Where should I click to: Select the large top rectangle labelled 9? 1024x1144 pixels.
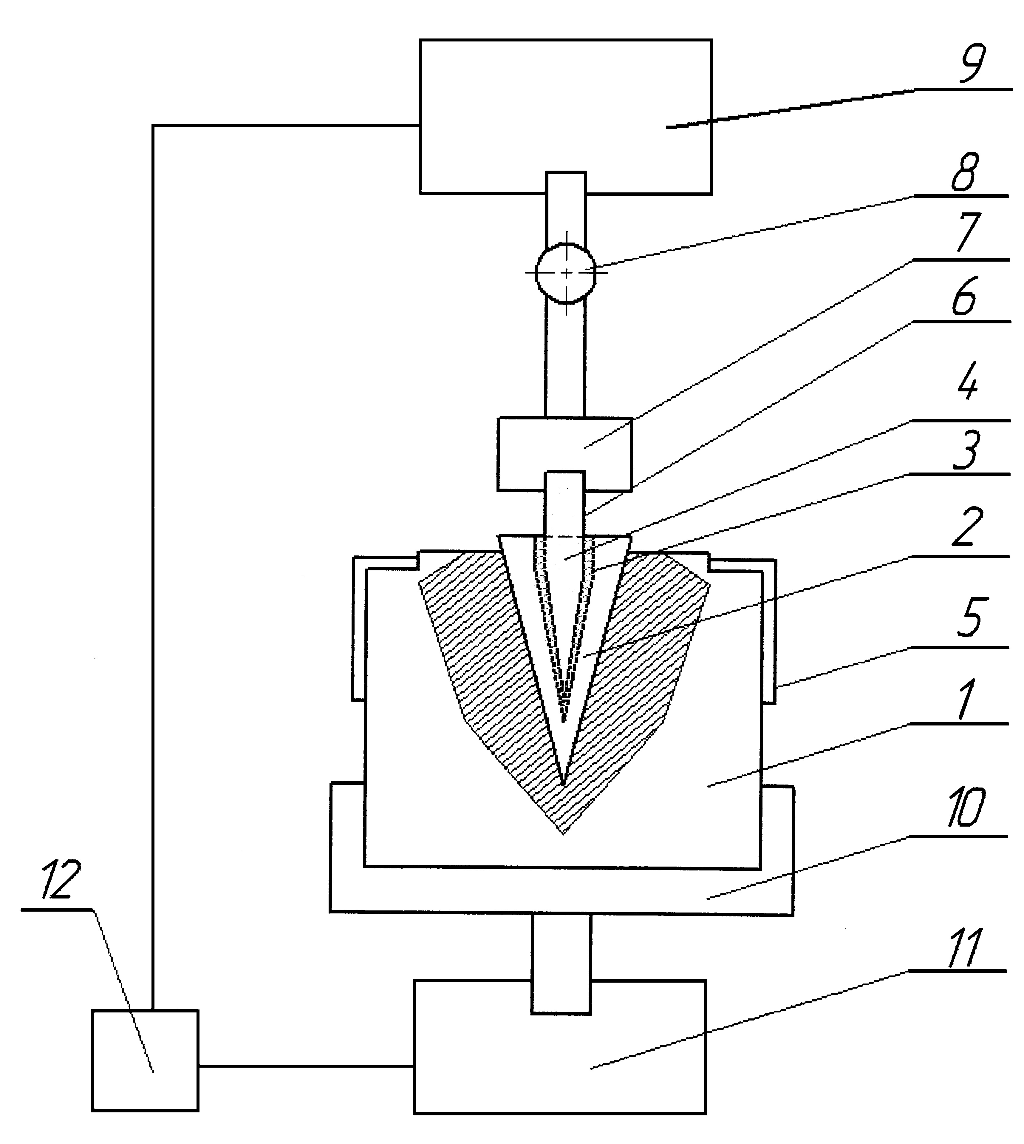[565, 116]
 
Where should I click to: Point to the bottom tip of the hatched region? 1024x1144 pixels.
[563, 834]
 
